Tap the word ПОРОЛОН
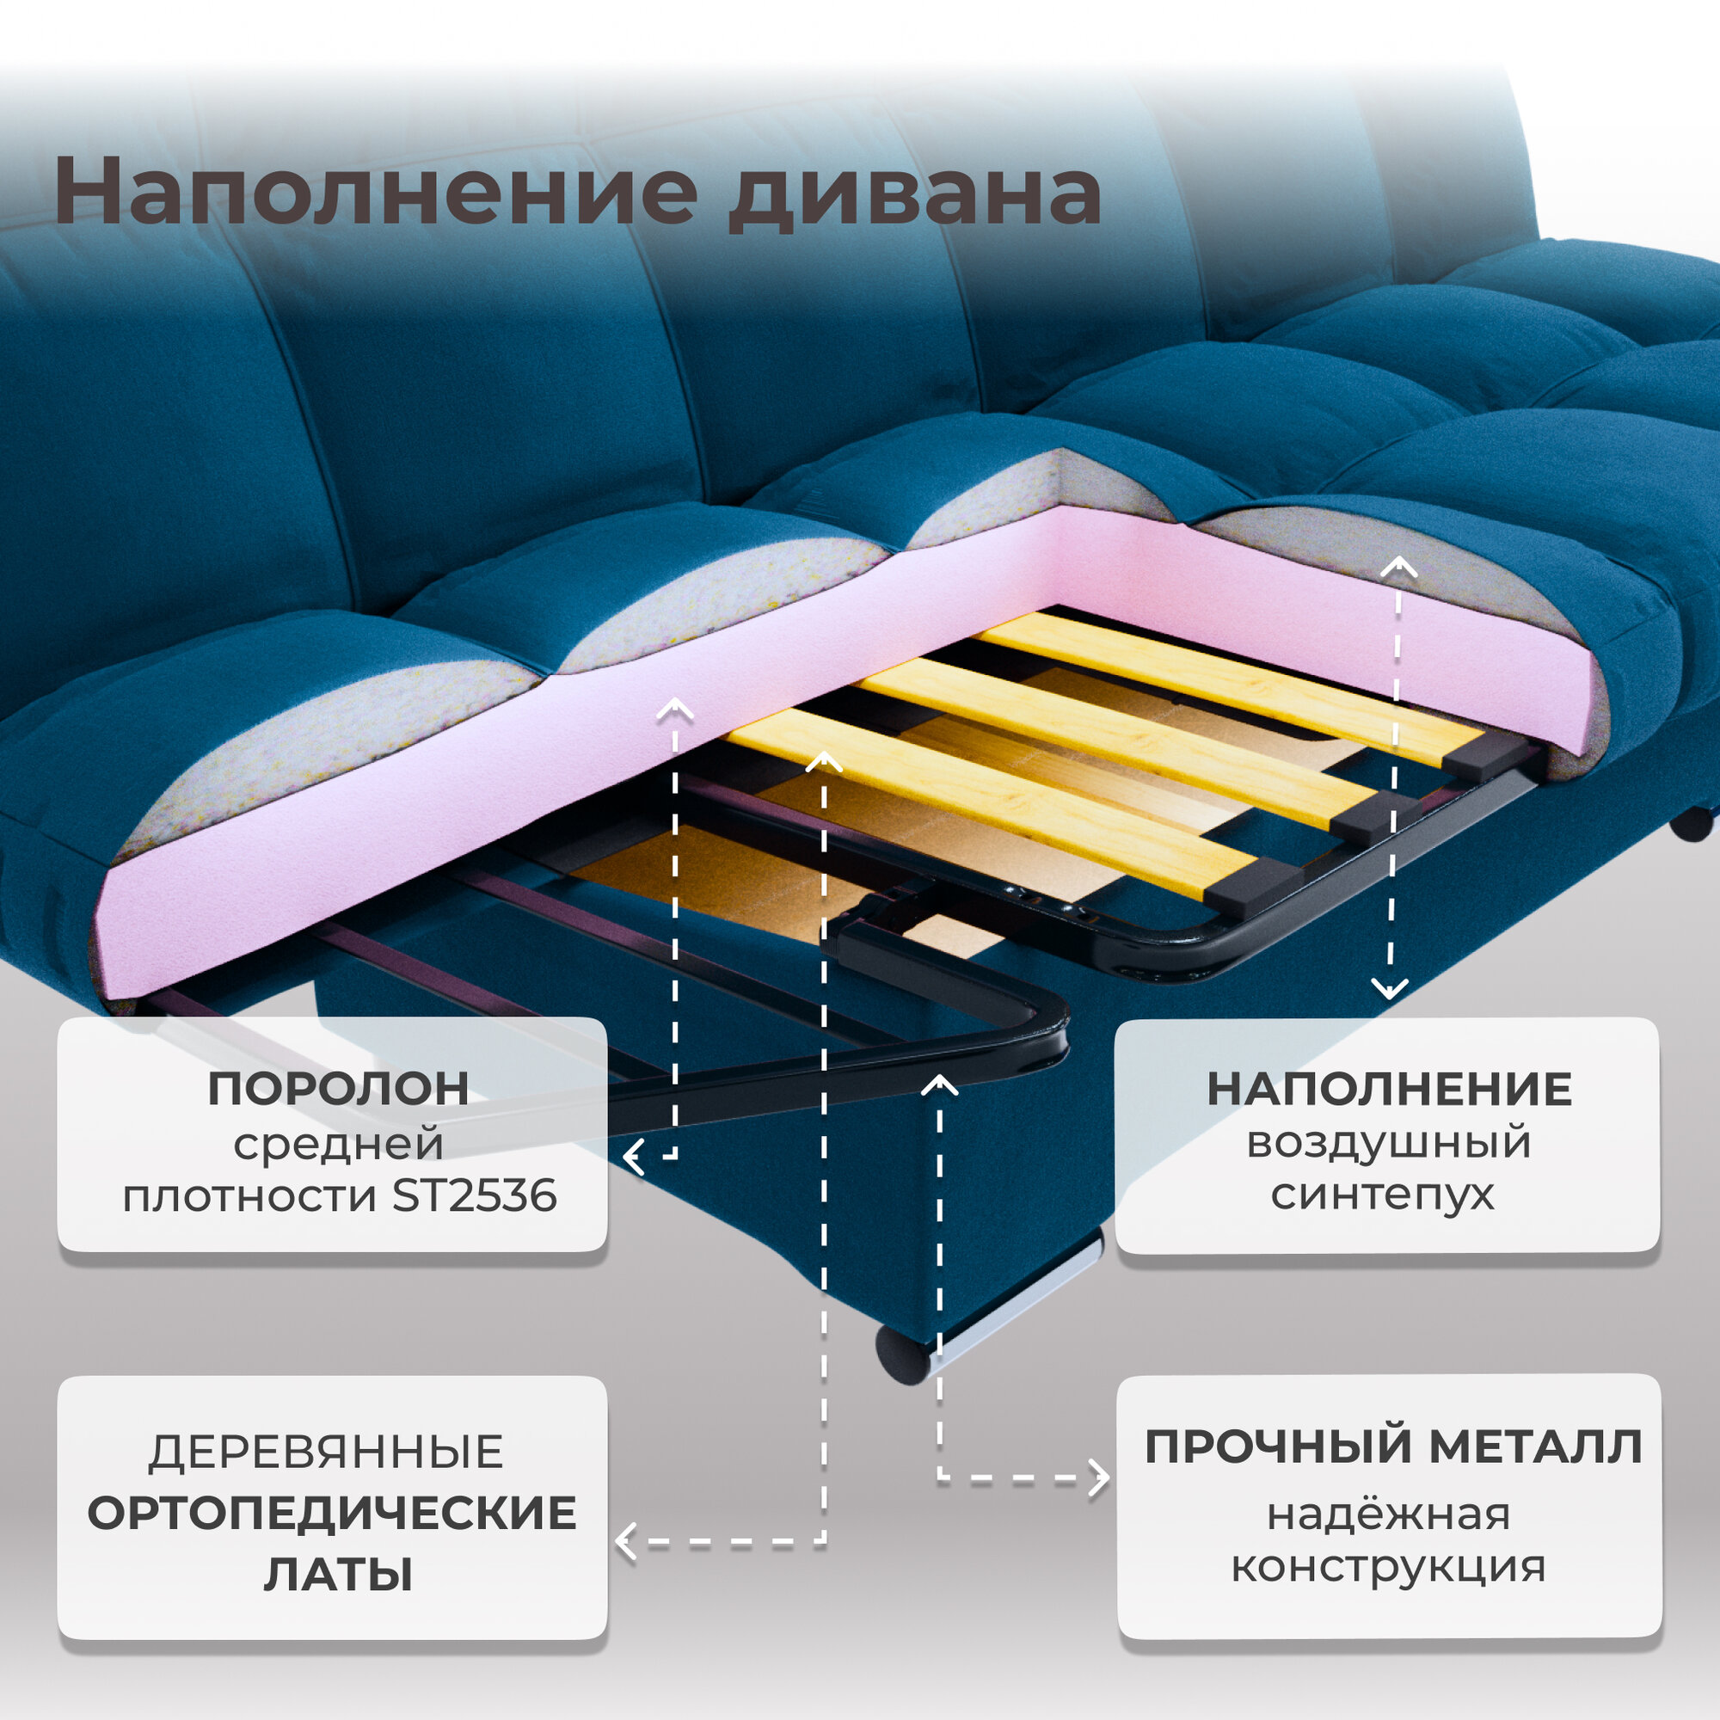coord(338,1089)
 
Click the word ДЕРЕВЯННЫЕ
coord(326,1452)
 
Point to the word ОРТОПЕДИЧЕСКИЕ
coord(332,1514)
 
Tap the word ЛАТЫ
coord(338,1574)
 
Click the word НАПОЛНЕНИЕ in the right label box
coord(1389,1090)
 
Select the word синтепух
coord(1383,1194)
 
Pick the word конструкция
coord(1388,1566)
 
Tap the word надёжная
coord(1388,1514)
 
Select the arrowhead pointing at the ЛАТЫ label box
coord(626,1542)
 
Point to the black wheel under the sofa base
coord(903,1356)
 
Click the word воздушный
coord(1388,1142)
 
